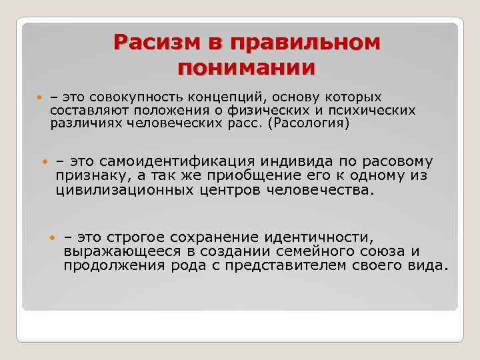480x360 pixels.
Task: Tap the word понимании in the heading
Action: [247, 67]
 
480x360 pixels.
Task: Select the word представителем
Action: [298, 265]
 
